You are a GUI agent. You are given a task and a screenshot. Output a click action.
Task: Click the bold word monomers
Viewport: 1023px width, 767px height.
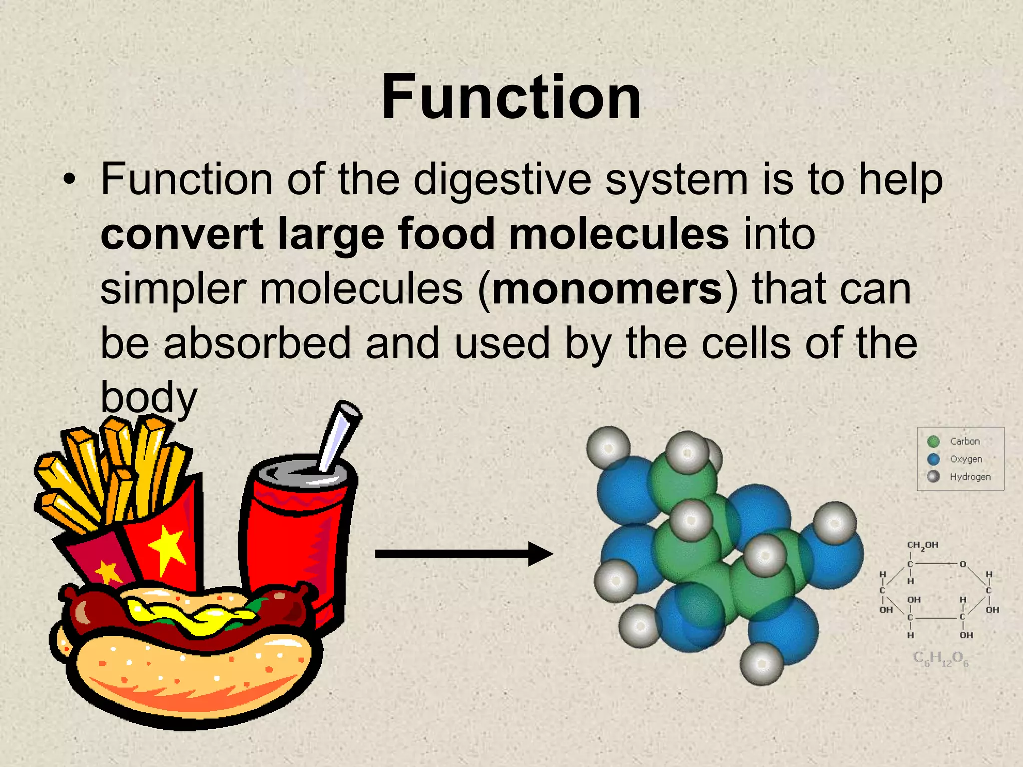(607, 289)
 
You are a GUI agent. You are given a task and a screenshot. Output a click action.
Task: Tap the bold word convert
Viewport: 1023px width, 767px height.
(182, 234)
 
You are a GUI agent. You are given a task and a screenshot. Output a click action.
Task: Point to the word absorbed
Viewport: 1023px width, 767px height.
(257, 344)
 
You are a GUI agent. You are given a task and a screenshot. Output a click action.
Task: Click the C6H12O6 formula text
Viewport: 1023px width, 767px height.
(940, 659)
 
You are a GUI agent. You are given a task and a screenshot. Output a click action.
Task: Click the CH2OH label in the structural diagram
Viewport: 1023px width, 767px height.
(922, 545)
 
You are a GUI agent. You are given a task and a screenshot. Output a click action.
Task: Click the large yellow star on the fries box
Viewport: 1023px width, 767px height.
(167, 549)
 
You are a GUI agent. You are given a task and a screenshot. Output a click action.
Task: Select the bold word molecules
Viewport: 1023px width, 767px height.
(618, 234)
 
